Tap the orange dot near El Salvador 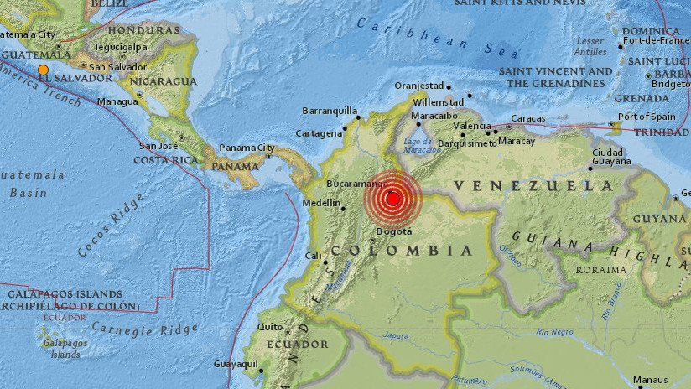(x=43, y=70)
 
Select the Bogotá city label (x=393, y=231)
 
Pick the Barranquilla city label (x=330, y=110)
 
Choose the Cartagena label (x=319, y=133)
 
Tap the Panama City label (x=247, y=148)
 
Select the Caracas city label (x=528, y=119)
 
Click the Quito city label (x=270, y=327)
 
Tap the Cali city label (x=313, y=256)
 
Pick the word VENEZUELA (x=533, y=185)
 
